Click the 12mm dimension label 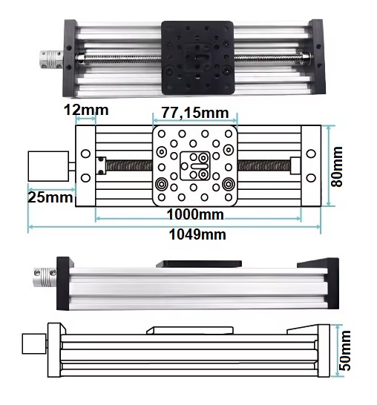pos(86,110)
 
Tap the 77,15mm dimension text pos(195,113)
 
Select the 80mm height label pos(337,166)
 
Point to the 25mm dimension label pos(50,197)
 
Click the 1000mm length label pos(195,214)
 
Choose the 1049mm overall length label pos(197,234)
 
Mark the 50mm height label pos(345,350)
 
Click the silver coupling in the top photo pos(51,60)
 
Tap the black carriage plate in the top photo pos(197,58)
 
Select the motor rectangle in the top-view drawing pos(48,166)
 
